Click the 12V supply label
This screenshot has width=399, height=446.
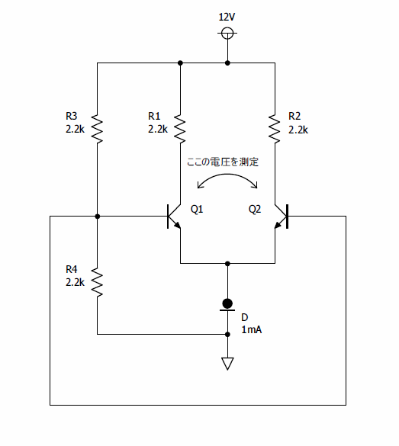point(227,17)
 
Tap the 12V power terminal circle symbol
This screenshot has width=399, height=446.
point(227,33)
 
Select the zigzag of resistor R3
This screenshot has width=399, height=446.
point(97,129)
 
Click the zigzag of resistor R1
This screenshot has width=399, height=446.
point(180,129)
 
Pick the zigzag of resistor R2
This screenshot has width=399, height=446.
point(275,129)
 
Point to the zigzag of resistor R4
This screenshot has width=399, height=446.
point(97,282)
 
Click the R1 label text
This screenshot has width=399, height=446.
point(154,116)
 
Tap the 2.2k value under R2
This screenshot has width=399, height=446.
point(298,130)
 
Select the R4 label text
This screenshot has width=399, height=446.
point(71,269)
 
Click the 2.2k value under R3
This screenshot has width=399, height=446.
point(75,130)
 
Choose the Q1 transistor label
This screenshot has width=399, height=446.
point(197,210)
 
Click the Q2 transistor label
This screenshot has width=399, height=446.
point(254,210)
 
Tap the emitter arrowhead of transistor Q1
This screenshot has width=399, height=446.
point(178,225)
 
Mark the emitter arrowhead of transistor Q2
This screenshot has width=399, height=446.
point(278,225)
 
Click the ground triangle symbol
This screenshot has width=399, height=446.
point(227,364)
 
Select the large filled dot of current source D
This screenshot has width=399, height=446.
point(227,303)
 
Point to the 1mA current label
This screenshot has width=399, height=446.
point(251,329)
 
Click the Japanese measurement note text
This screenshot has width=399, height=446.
point(223,162)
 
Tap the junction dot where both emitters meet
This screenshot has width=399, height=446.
point(227,264)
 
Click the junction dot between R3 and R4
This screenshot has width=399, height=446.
point(98,217)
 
